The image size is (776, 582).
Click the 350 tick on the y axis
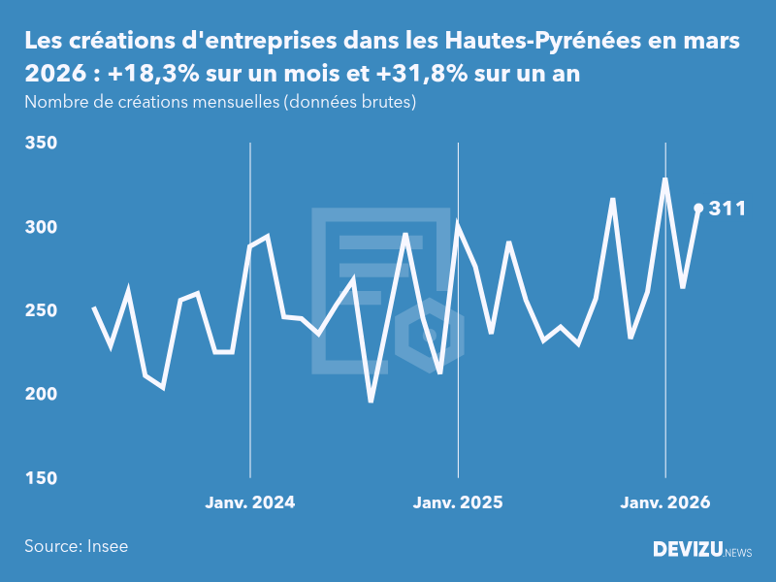pos(40,144)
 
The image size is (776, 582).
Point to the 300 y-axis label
pos(40,227)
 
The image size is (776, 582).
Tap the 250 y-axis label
pos(40,311)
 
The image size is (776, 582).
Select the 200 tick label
pos(40,395)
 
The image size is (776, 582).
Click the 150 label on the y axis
pos(40,478)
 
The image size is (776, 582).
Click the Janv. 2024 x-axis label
pos(250,502)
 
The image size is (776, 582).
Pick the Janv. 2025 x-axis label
pos(458,502)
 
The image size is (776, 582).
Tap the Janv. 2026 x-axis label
pos(665,502)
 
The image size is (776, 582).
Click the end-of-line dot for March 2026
pos(698,208)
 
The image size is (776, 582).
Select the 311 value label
pos(727,208)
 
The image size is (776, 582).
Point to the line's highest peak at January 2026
pos(665,179)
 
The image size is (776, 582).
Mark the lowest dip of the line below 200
pos(371,401)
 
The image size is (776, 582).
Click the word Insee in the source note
pos(106,546)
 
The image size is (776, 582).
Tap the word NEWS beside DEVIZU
pos(738,553)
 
